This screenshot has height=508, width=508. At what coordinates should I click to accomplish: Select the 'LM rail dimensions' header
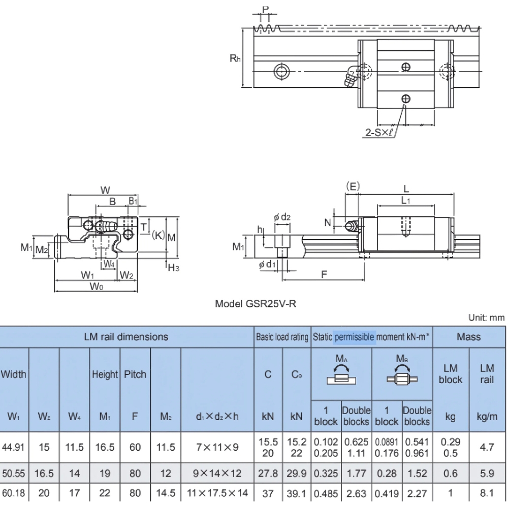click(x=126, y=336)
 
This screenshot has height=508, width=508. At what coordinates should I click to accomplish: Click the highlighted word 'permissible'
click(x=355, y=336)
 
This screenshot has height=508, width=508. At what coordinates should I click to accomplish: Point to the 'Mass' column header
click(x=468, y=336)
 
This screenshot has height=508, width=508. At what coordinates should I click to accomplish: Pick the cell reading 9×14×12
click(x=217, y=473)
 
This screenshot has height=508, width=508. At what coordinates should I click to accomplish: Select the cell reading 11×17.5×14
click(x=217, y=493)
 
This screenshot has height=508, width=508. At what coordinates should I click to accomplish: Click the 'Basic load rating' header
click(x=282, y=336)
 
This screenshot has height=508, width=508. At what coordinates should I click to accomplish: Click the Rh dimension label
click(x=235, y=58)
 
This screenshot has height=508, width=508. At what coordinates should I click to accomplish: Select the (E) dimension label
click(x=353, y=186)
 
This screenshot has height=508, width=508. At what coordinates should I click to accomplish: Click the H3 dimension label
click(x=174, y=268)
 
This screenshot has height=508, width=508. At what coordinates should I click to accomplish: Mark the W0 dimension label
click(x=97, y=287)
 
